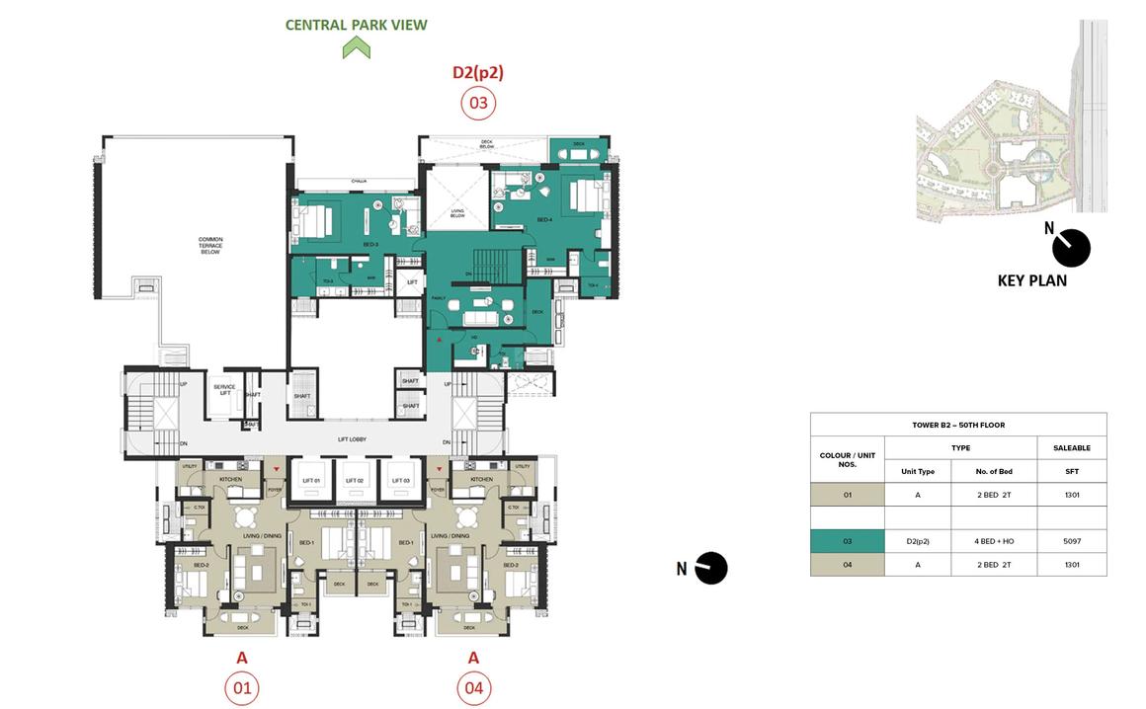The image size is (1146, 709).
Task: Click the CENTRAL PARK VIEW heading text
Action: pyautogui.click(x=356, y=25)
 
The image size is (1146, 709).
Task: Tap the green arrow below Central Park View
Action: pyautogui.click(x=356, y=47)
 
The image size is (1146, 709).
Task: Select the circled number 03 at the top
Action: pyautogui.click(x=478, y=103)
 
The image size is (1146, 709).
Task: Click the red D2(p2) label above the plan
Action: pyautogui.click(x=478, y=72)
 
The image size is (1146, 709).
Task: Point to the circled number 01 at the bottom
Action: pyautogui.click(x=242, y=688)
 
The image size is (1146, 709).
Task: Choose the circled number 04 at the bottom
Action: pyautogui.click(x=473, y=688)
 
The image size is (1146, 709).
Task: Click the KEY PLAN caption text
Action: pyautogui.click(x=1031, y=280)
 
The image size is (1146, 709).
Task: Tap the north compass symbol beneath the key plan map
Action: pyautogui.click(x=1071, y=248)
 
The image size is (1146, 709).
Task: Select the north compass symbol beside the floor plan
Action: pyautogui.click(x=710, y=568)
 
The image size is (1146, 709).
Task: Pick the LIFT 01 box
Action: pyautogui.click(x=312, y=480)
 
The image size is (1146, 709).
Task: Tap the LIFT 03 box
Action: pyautogui.click(x=400, y=480)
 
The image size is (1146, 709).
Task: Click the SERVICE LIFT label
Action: pyautogui.click(x=224, y=390)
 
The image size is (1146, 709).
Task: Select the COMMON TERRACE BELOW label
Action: pyautogui.click(x=209, y=246)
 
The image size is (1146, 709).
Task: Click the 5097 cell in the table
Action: pyautogui.click(x=1071, y=541)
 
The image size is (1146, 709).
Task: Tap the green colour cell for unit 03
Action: pyautogui.click(x=847, y=541)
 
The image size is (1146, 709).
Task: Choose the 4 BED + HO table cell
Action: pyautogui.click(x=993, y=541)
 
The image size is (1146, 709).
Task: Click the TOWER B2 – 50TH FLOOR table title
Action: pyautogui.click(x=957, y=425)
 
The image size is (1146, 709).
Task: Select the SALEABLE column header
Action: pyautogui.click(x=1071, y=448)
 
